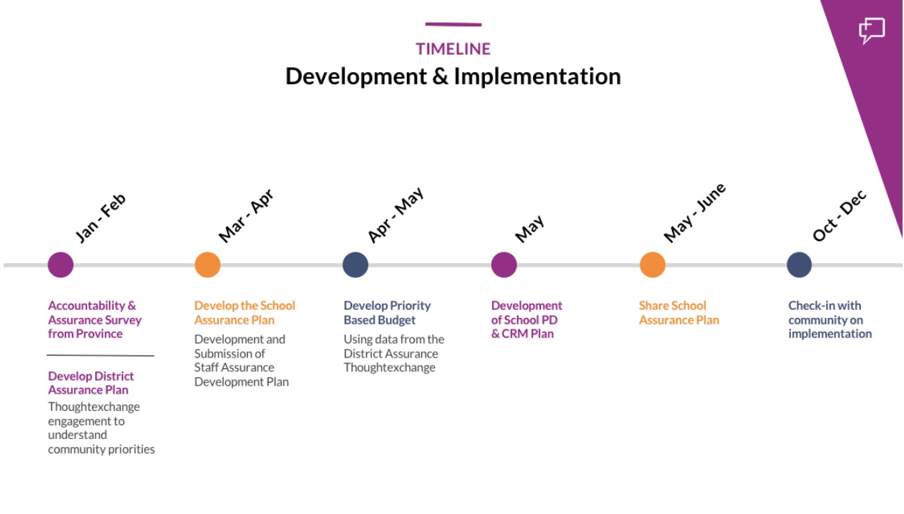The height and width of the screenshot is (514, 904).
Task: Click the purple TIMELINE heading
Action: pyautogui.click(x=453, y=49)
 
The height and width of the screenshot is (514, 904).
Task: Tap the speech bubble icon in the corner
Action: pyautogui.click(x=872, y=30)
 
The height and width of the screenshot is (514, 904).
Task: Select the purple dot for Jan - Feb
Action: pyautogui.click(x=61, y=265)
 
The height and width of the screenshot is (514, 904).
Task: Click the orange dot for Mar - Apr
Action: pyautogui.click(x=207, y=265)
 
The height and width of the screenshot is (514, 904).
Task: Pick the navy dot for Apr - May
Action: pyautogui.click(x=356, y=265)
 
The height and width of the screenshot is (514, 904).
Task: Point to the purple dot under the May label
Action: pyautogui.click(x=504, y=265)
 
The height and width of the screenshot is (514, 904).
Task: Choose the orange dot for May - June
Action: pyautogui.click(x=653, y=265)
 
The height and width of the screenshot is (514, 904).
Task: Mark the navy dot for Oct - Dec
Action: pyautogui.click(x=799, y=265)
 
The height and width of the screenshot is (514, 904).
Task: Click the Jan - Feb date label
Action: pyautogui.click(x=101, y=218)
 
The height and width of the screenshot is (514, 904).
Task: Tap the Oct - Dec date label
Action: pyautogui.click(x=839, y=216)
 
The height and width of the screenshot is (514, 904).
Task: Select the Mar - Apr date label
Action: pyautogui.click(x=246, y=216)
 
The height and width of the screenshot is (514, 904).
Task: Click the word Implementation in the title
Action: pyautogui.click(x=537, y=76)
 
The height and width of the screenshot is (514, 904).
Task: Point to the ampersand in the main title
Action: pyautogui.click(x=440, y=76)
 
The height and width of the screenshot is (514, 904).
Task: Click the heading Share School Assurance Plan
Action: pyautogui.click(x=679, y=313)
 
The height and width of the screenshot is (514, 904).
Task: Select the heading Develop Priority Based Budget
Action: pyautogui.click(x=387, y=313)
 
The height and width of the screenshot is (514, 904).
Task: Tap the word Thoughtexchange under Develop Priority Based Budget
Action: pyautogui.click(x=390, y=368)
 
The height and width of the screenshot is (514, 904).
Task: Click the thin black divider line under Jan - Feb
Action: pyautogui.click(x=101, y=355)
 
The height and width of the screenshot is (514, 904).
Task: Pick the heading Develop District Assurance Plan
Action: pyautogui.click(x=91, y=383)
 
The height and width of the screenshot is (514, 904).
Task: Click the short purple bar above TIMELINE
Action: pyautogui.click(x=453, y=25)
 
